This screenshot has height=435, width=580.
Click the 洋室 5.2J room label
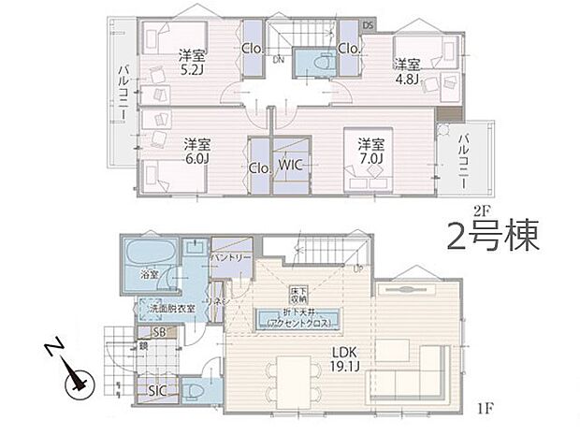[195, 61]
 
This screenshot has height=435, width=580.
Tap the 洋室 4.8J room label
[406, 72]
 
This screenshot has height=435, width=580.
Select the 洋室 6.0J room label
[196, 152]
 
